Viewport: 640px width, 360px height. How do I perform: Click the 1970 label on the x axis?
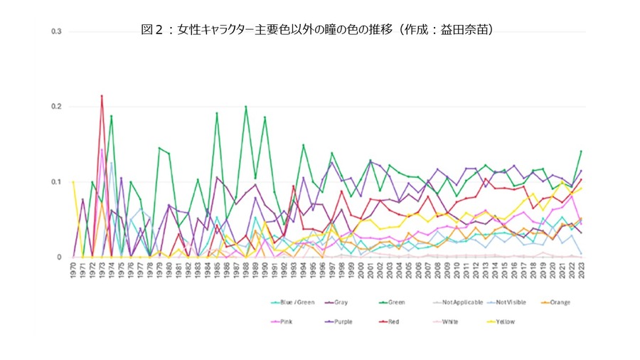73,270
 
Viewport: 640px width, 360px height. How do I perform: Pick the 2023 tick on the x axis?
582,270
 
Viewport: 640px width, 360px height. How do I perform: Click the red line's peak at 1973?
102,95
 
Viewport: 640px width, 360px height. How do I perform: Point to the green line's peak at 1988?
246,107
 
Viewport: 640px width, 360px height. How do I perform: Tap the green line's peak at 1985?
217,113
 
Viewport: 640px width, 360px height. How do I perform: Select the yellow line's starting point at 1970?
73,182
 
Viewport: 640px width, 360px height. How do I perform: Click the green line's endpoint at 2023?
582,151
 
